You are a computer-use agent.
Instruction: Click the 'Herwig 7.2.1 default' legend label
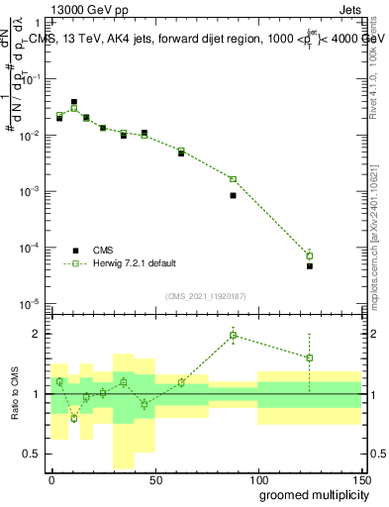135,263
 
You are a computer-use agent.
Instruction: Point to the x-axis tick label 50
154,479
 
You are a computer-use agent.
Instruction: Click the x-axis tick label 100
257,479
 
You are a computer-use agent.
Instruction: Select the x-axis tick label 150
360,479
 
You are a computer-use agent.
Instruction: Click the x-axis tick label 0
51,479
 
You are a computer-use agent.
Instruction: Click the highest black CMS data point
74,102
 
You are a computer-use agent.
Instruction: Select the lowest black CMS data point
310,266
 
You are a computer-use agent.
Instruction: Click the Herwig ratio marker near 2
233,335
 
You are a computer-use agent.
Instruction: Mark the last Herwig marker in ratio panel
310,357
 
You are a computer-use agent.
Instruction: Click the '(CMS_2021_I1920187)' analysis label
206,296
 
